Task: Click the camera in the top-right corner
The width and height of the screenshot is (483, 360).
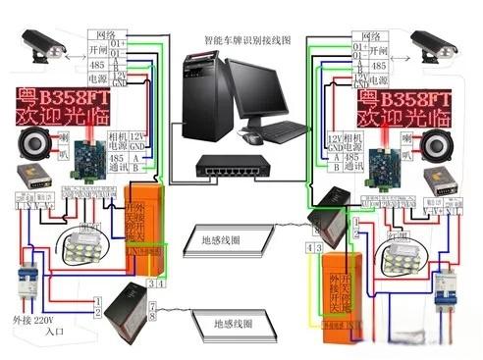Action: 436,43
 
